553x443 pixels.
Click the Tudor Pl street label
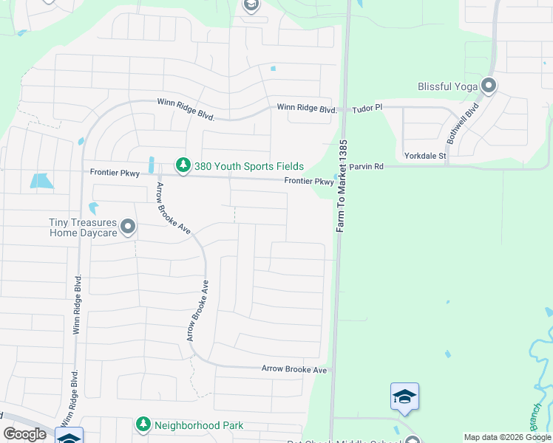click(x=367, y=107)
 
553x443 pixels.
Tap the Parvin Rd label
click(x=367, y=167)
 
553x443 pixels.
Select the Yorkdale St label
click(x=425, y=156)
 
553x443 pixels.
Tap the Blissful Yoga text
click(x=447, y=86)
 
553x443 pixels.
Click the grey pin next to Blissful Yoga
click(x=488, y=86)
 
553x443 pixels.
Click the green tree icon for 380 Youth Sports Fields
click(x=182, y=166)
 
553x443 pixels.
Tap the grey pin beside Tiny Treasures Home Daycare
click(x=128, y=227)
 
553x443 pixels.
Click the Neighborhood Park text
click(x=199, y=425)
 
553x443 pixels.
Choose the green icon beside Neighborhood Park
click(x=143, y=425)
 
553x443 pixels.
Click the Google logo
click(x=24, y=434)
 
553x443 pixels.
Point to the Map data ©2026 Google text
click(x=507, y=437)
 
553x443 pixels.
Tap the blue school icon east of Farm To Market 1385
click(x=404, y=397)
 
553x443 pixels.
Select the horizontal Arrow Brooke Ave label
click(x=294, y=369)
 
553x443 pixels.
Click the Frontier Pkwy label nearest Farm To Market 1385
click(x=309, y=182)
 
